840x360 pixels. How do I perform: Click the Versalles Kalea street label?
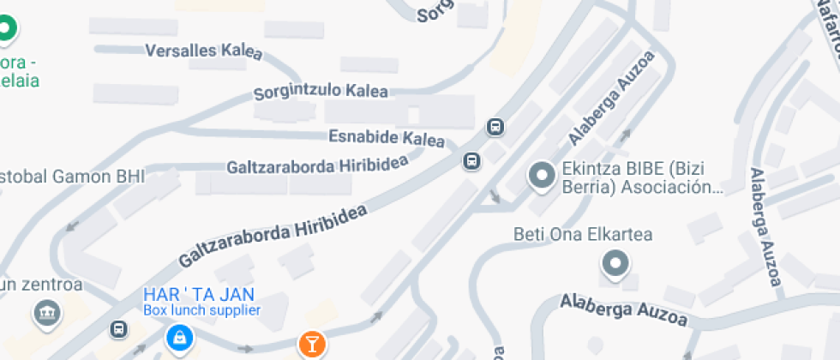(x=204, y=51)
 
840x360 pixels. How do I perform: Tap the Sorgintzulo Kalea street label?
(x=321, y=91)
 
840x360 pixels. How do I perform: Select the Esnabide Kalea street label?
(x=387, y=138)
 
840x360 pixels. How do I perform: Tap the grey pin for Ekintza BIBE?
(x=542, y=177)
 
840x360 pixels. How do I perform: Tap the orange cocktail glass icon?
(x=311, y=345)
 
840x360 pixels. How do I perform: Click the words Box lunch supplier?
(x=201, y=309)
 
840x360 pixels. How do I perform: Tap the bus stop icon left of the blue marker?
(x=118, y=329)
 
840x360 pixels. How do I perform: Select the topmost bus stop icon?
(x=495, y=128)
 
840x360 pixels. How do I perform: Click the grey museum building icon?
(x=48, y=314)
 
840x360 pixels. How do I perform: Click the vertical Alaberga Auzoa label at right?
(x=765, y=226)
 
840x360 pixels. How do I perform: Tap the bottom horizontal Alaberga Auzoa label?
(x=623, y=311)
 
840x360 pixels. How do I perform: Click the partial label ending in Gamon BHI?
(x=72, y=177)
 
